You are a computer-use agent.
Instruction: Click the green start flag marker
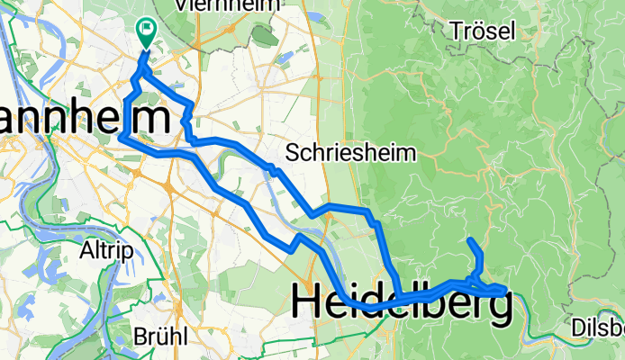[146, 31]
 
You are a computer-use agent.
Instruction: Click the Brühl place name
[160, 337]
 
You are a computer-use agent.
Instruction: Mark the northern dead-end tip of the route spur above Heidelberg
[470, 240]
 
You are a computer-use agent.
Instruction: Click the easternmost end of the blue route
[505, 290]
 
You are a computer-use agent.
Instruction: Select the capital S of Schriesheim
[292, 152]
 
